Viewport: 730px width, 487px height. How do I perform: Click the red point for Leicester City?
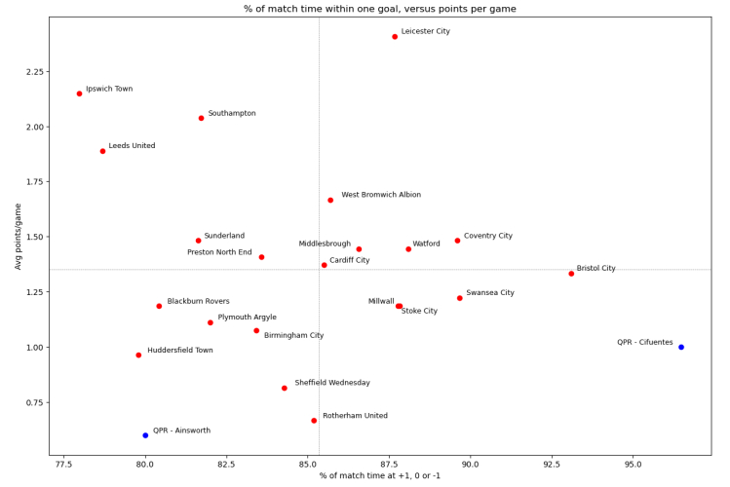point(395,37)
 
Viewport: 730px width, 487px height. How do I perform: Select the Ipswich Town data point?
point(80,94)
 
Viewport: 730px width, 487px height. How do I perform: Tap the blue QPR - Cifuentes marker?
point(681,347)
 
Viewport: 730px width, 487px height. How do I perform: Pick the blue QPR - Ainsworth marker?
point(145,435)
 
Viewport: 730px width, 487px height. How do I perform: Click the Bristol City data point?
point(571,274)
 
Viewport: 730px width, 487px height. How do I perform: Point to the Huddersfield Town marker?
point(138,355)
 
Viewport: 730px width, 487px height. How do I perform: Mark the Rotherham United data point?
point(314,421)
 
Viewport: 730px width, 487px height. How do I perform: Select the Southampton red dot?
point(202,118)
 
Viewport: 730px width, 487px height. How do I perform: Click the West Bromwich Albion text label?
point(381,195)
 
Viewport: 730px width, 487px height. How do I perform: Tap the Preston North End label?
point(219,252)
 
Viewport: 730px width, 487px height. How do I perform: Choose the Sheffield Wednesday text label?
point(332,383)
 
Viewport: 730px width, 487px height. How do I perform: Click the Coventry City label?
point(488,236)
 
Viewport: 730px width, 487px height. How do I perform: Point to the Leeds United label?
point(132,146)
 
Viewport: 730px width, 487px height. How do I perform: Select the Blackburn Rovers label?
point(198,302)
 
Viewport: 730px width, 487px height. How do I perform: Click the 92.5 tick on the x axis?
point(552,465)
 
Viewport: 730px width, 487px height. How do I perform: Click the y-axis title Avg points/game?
point(17,237)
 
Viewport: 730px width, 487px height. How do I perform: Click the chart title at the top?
point(380,9)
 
